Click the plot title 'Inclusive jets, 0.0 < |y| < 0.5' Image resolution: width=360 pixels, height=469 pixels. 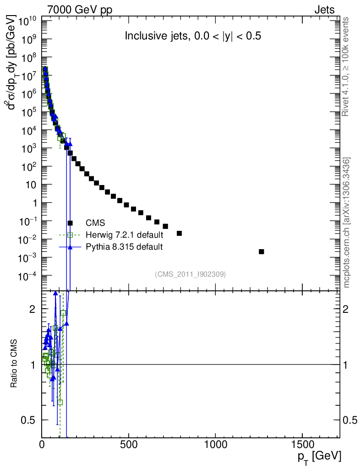(193, 37)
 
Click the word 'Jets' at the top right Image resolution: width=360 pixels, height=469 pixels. (324, 10)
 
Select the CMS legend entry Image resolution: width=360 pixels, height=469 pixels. (95, 223)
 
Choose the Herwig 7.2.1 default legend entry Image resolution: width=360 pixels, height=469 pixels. (124, 235)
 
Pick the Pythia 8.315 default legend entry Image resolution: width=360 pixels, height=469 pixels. (124, 247)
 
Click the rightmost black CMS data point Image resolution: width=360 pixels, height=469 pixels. (262, 251)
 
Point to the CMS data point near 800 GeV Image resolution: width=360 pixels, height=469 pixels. (179, 233)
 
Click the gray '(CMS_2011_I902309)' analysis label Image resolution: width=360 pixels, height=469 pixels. (190, 274)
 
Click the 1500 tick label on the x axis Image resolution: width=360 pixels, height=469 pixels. (302, 444)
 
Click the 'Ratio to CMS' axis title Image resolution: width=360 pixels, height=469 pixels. (14, 364)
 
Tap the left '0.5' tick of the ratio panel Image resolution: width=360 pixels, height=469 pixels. (30, 420)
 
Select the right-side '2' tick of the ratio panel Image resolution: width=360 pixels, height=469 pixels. (349, 309)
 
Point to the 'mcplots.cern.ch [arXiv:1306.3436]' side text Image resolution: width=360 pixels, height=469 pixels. (347, 223)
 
